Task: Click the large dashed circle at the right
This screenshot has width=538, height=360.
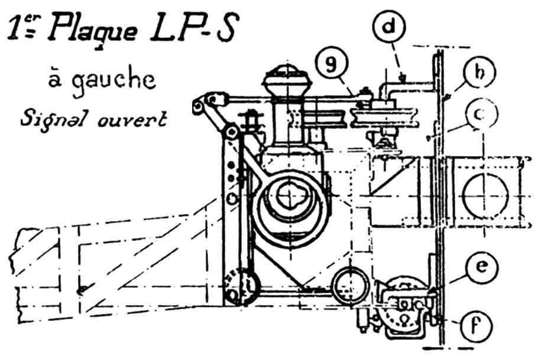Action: (x=486, y=194)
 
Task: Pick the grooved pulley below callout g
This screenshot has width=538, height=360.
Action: (x=382, y=116)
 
